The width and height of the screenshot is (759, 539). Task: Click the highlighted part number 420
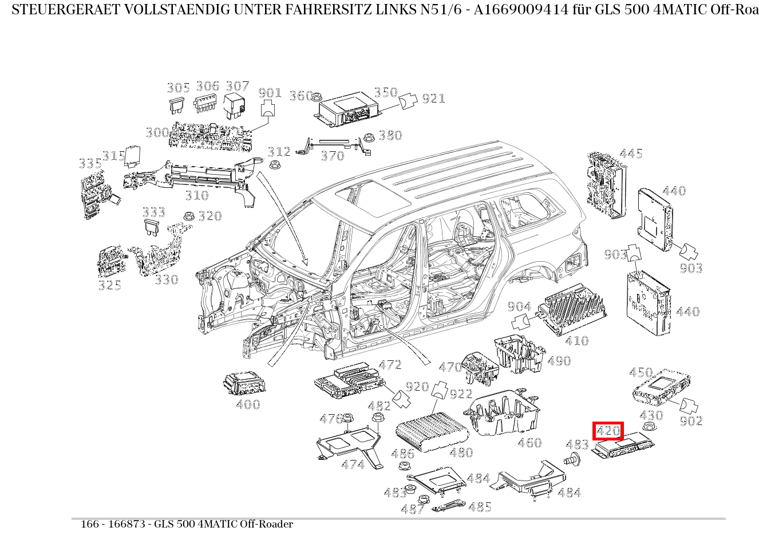click(x=608, y=431)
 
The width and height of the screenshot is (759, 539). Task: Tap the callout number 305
click(x=178, y=88)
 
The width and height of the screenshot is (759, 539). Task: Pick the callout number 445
click(x=631, y=154)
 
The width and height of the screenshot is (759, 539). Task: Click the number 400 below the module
click(x=248, y=404)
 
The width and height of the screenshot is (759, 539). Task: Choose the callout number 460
click(x=529, y=443)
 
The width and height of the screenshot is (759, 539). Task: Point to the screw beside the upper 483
click(x=571, y=458)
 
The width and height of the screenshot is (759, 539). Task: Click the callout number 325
click(x=109, y=285)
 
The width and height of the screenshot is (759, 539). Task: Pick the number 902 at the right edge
click(x=691, y=421)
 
